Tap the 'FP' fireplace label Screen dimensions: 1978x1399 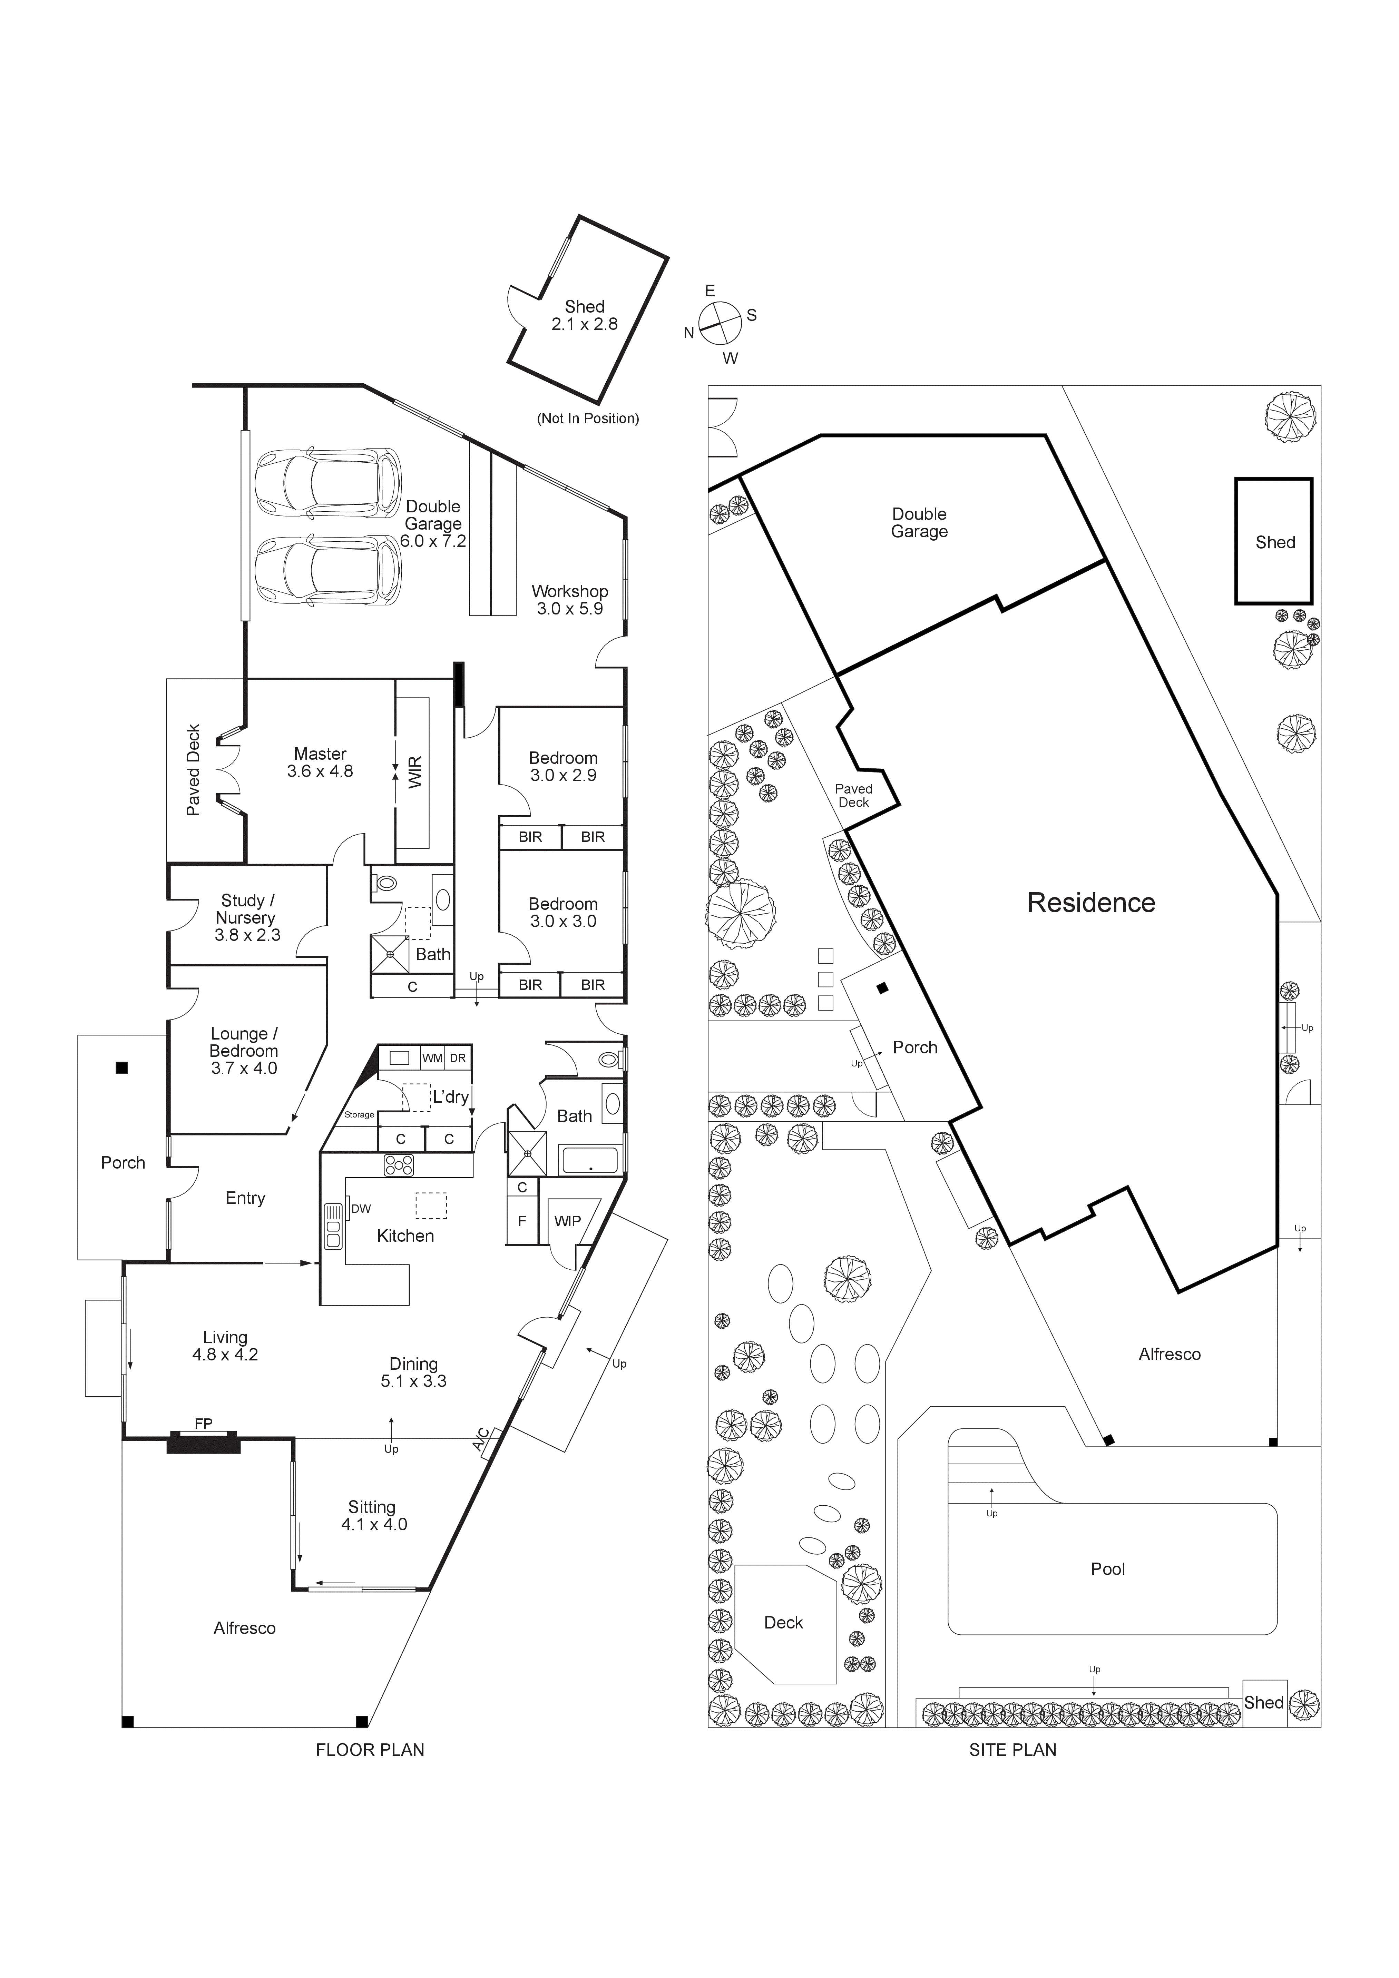point(203,1424)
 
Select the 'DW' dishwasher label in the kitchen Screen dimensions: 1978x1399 point(361,1209)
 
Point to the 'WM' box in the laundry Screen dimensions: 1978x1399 point(432,1058)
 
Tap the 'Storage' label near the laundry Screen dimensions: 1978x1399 point(359,1115)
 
